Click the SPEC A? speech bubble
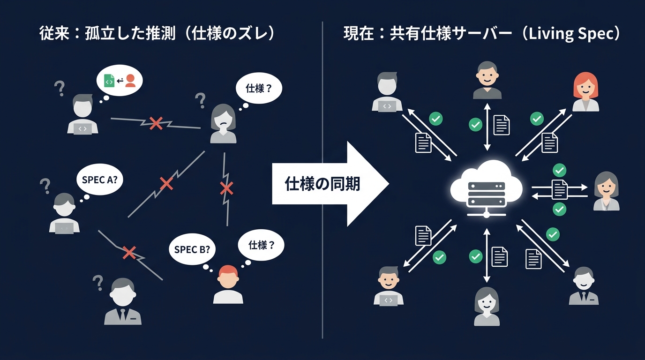[x=99, y=179]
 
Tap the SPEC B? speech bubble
[x=192, y=249]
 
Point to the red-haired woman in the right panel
[x=586, y=92]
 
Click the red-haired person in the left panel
[x=228, y=284]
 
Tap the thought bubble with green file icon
[x=120, y=81]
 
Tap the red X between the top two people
[x=156, y=123]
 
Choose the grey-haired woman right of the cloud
[x=607, y=191]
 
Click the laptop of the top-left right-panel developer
[x=387, y=106]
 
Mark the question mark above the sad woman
[x=200, y=100]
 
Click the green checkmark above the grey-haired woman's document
[x=559, y=170]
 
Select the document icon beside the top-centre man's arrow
[x=501, y=125]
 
